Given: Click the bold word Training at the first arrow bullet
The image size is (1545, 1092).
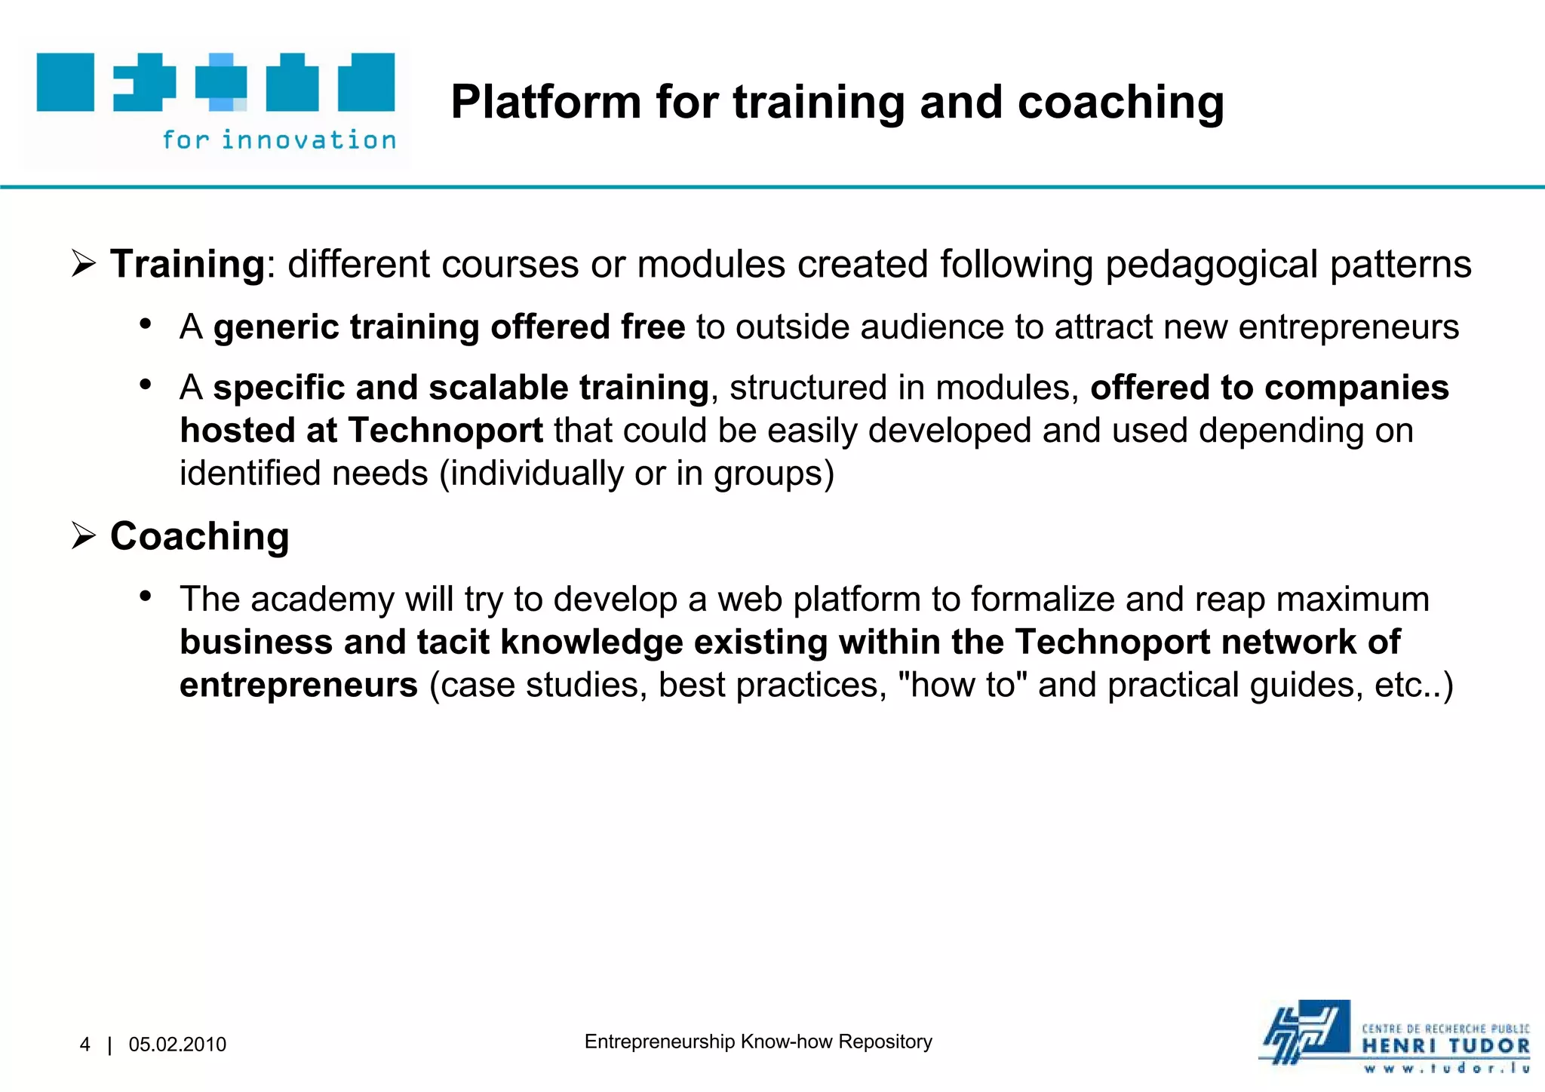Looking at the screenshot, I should [x=187, y=265].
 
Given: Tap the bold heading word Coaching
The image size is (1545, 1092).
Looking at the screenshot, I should [x=200, y=536].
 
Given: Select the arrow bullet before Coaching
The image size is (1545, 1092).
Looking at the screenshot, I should [x=83, y=536].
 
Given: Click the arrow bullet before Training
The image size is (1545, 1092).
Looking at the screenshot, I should [x=83, y=265].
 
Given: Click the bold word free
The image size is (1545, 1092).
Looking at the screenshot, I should [x=653, y=327].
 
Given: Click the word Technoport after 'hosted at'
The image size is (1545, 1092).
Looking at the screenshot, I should [x=446, y=431].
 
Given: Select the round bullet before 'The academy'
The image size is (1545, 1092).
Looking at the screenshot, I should [x=146, y=597].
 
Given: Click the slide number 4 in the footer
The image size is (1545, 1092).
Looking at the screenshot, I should [x=84, y=1044].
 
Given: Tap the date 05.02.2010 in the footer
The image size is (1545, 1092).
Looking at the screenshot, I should [x=177, y=1044].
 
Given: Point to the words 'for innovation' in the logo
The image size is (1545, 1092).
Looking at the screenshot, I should [x=279, y=140].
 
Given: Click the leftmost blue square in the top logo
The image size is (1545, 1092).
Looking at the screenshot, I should [x=66, y=82].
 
